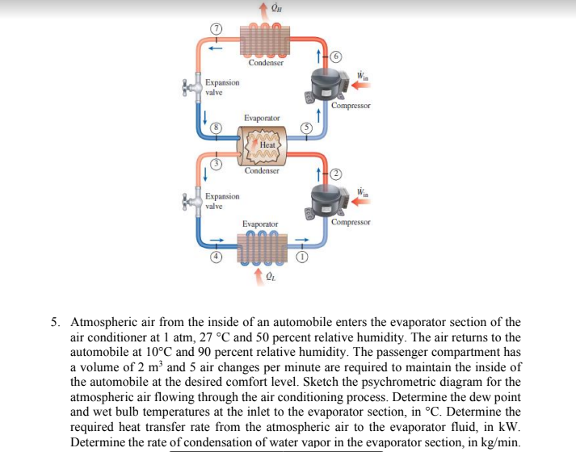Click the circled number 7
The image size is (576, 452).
coord(216,28)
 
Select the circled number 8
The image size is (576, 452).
coord(217,128)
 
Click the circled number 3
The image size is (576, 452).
coord(217,165)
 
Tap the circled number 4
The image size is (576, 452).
coord(217,257)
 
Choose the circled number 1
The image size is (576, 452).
coord(302,257)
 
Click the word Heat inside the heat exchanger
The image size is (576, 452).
coord(266,144)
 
